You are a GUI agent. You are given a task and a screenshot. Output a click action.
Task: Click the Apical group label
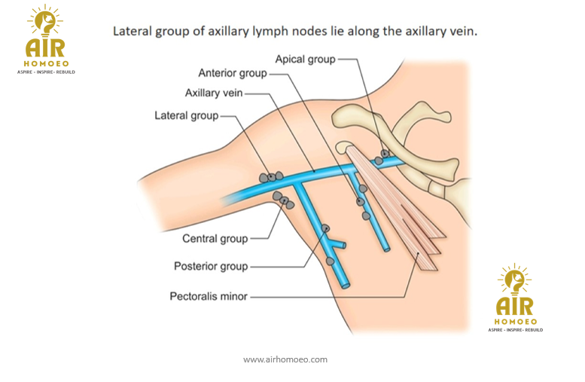pyautogui.click(x=304, y=59)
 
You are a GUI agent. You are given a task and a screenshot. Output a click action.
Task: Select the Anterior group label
pyautogui.click(x=232, y=73)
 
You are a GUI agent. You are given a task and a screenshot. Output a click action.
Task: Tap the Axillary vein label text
pyautogui.click(x=213, y=93)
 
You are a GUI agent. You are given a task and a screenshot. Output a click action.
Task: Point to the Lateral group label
pyautogui.click(x=186, y=116)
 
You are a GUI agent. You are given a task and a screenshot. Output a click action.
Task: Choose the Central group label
pyautogui.click(x=215, y=239)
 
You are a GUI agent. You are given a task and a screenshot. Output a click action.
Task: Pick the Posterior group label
pyautogui.click(x=211, y=266)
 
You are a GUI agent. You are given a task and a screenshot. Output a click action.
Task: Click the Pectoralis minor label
pyautogui.click(x=209, y=297)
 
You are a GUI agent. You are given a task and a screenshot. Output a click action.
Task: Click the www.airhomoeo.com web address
pyautogui.click(x=285, y=359)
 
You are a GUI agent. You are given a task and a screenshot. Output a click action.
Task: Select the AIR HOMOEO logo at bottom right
pyautogui.click(x=516, y=298)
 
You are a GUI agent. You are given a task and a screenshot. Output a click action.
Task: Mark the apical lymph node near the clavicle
pyautogui.click(x=385, y=154)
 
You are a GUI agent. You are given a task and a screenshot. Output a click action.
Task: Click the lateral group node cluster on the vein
pyautogui.click(x=270, y=176)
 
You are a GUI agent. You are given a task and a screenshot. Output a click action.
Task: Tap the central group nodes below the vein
pyautogui.click(x=285, y=201)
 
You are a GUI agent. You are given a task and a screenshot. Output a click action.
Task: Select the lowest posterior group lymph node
pyautogui.click(x=330, y=261)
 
